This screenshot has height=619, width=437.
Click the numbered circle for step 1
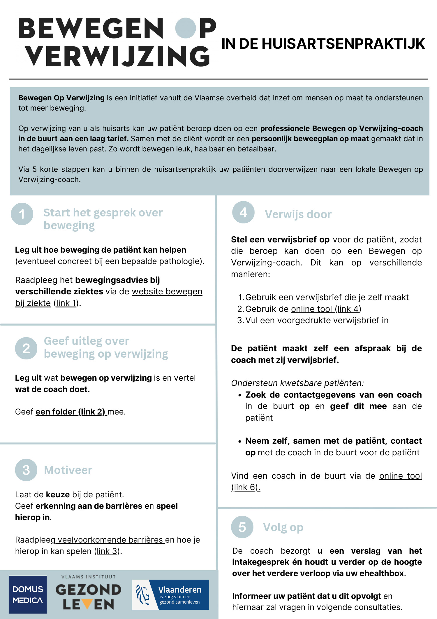[22, 214]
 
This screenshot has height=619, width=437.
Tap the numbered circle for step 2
[26, 348]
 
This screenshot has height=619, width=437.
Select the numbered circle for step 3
[26, 470]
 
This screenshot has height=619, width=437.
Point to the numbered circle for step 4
[243, 212]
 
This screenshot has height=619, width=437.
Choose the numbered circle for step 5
[242, 527]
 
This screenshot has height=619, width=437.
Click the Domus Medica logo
[28, 594]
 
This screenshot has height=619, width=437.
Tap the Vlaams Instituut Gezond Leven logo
[88, 594]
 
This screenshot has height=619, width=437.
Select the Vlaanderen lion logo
[142, 594]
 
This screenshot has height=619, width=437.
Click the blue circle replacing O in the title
[185, 28]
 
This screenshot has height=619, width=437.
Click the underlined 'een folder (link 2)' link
[70, 412]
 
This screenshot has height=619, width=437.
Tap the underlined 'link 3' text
[107, 551]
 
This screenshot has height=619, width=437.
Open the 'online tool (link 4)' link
[326, 309]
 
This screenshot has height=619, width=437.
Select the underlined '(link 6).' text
[246, 487]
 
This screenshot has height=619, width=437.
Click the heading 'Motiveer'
[68, 470]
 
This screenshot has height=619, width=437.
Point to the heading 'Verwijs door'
[298, 214]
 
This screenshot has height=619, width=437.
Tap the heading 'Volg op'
[283, 527]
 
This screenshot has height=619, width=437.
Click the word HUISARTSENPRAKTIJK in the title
[343, 44]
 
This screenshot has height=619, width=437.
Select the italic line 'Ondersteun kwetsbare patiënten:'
[297, 383]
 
